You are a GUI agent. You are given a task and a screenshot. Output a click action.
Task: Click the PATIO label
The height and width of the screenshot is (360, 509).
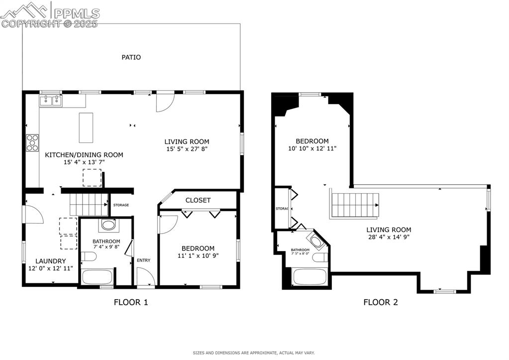click(x=131, y=57)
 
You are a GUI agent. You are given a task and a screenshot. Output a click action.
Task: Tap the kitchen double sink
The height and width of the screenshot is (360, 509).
click(x=51, y=101)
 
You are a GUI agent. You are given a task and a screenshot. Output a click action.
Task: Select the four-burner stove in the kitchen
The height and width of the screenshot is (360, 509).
click(x=33, y=143)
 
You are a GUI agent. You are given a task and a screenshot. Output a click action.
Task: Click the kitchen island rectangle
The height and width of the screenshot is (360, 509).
click(x=86, y=127)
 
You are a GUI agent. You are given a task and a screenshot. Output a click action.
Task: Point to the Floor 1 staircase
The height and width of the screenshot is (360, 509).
click(x=89, y=205)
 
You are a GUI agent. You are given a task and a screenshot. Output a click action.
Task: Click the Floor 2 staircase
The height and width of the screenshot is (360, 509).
click(x=355, y=205)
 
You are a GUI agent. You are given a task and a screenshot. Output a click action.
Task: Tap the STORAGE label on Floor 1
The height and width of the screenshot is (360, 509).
click(x=121, y=205)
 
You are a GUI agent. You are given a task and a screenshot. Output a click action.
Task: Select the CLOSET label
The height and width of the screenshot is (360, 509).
click(x=198, y=200)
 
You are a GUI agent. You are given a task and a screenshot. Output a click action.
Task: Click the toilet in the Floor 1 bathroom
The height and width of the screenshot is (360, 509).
click(x=89, y=257)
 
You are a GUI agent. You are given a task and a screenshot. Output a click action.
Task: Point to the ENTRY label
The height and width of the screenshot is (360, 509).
click(x=143, y=260)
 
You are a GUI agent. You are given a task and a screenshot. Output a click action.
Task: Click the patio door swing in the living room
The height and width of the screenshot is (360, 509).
click(x=164, y=102)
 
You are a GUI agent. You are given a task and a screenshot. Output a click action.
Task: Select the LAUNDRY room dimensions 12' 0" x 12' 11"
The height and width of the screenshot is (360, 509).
click(x=50, y=268)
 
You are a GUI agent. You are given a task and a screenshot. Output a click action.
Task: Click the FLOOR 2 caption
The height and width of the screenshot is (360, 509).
click(x=380, y=302)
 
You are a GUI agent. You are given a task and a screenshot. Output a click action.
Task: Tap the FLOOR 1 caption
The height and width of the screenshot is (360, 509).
click(x=131, y=302)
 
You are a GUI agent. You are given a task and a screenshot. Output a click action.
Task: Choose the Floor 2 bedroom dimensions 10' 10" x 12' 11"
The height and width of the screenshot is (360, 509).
click(x=312, y=148)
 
